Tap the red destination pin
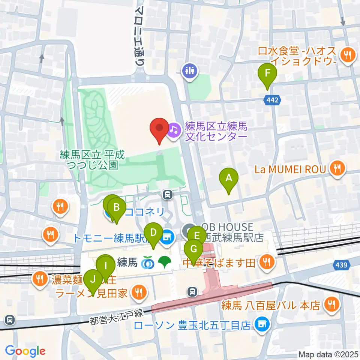click(159, 129)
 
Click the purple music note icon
click(173, 130)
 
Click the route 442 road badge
click(273, 100)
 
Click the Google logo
click(25, 351)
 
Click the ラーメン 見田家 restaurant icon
click(139, 292)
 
